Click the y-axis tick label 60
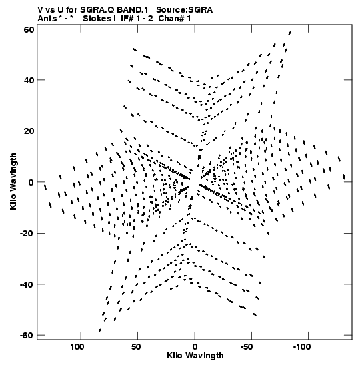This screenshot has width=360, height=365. [29, 29]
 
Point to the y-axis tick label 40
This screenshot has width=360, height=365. [29, 80]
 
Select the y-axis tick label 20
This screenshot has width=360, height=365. [29, 131]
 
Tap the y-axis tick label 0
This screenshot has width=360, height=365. [31, 182]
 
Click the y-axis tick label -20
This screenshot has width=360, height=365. [27, 234]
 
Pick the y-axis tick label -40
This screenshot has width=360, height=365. [27, 284]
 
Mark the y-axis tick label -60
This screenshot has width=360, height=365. [27, 335]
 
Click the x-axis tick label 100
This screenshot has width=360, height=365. [77, 347]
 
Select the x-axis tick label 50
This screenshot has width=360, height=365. [136, 347]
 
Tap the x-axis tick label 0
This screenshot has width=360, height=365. [195, 347]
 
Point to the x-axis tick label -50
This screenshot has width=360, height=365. [247, 347]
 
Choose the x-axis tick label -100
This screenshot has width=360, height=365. [302, 347]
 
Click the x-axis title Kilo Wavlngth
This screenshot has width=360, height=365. [195, 356]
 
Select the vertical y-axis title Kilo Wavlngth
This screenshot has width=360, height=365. [13, 181]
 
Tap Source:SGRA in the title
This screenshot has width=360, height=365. [184, 10]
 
